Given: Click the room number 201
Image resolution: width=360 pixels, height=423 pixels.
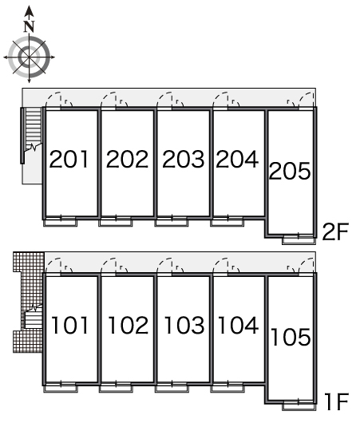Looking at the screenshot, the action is (69, 159).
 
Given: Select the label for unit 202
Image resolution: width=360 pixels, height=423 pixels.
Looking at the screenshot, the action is (127, 159).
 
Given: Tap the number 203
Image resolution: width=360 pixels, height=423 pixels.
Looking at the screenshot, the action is (184, 159).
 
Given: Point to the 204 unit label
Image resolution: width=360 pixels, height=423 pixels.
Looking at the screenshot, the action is (237, 159).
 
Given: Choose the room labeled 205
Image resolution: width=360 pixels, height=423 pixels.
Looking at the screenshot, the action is (290, 171).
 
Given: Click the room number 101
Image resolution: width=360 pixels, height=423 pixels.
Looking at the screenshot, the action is (69, 326).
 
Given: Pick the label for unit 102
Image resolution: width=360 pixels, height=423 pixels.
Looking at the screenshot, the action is (128, 326).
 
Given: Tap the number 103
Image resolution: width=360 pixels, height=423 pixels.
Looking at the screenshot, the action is (184, 326).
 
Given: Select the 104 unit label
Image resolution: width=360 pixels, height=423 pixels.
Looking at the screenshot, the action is (238, 326).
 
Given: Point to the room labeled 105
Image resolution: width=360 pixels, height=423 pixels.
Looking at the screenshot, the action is (291, 337).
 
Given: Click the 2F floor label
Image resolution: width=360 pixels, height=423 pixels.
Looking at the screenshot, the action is (335, 231).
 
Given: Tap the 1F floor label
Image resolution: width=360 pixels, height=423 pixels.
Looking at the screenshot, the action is (336, 402).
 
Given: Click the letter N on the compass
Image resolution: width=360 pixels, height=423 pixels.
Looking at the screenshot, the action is (30, 26).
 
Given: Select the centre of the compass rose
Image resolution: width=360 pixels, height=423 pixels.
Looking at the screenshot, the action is (30, 57).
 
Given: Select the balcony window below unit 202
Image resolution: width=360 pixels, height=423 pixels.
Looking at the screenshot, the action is (116, 223).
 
